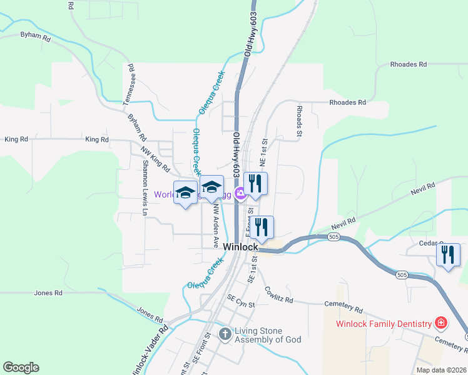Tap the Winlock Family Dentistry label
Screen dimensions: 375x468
[384, 324]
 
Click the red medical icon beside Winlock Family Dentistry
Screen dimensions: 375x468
[442, 323]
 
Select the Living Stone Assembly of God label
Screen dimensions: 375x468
[268, 335]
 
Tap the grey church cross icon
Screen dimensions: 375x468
[225, 335]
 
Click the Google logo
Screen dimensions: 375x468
[21, 367]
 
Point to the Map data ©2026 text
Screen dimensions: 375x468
[441, 370]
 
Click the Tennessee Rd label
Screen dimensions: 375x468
[129, 84]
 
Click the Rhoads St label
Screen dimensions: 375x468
[299, 121]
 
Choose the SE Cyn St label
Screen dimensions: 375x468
[242, 303]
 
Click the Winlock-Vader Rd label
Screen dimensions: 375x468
[150, 350]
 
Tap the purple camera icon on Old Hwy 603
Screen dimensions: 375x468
[239, 194]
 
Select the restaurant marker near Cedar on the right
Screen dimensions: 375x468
[448, 255]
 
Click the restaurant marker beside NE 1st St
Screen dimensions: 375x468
[255, 183]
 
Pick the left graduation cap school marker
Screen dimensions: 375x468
[185, 192]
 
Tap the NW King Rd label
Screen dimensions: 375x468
[155, 159]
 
